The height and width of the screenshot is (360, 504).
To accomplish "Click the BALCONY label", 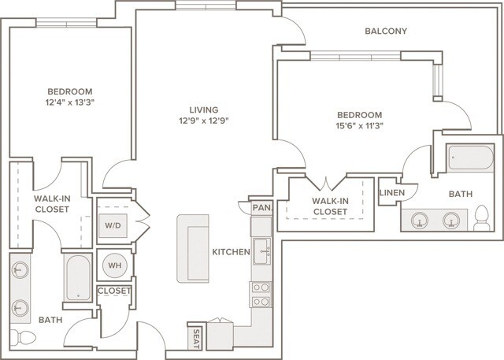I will (386, 32).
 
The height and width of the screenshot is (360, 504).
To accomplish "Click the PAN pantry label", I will (261, 208).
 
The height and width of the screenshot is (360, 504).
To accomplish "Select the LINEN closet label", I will (391, 193).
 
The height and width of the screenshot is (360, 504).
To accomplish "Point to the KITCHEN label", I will (231, 252).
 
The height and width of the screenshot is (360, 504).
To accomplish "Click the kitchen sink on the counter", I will (263, 253).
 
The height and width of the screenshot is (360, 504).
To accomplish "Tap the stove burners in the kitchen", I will (260, 294).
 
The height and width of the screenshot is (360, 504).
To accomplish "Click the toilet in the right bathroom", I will (482, 217).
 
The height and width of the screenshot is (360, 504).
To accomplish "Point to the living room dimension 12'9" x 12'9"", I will (208, 121).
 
